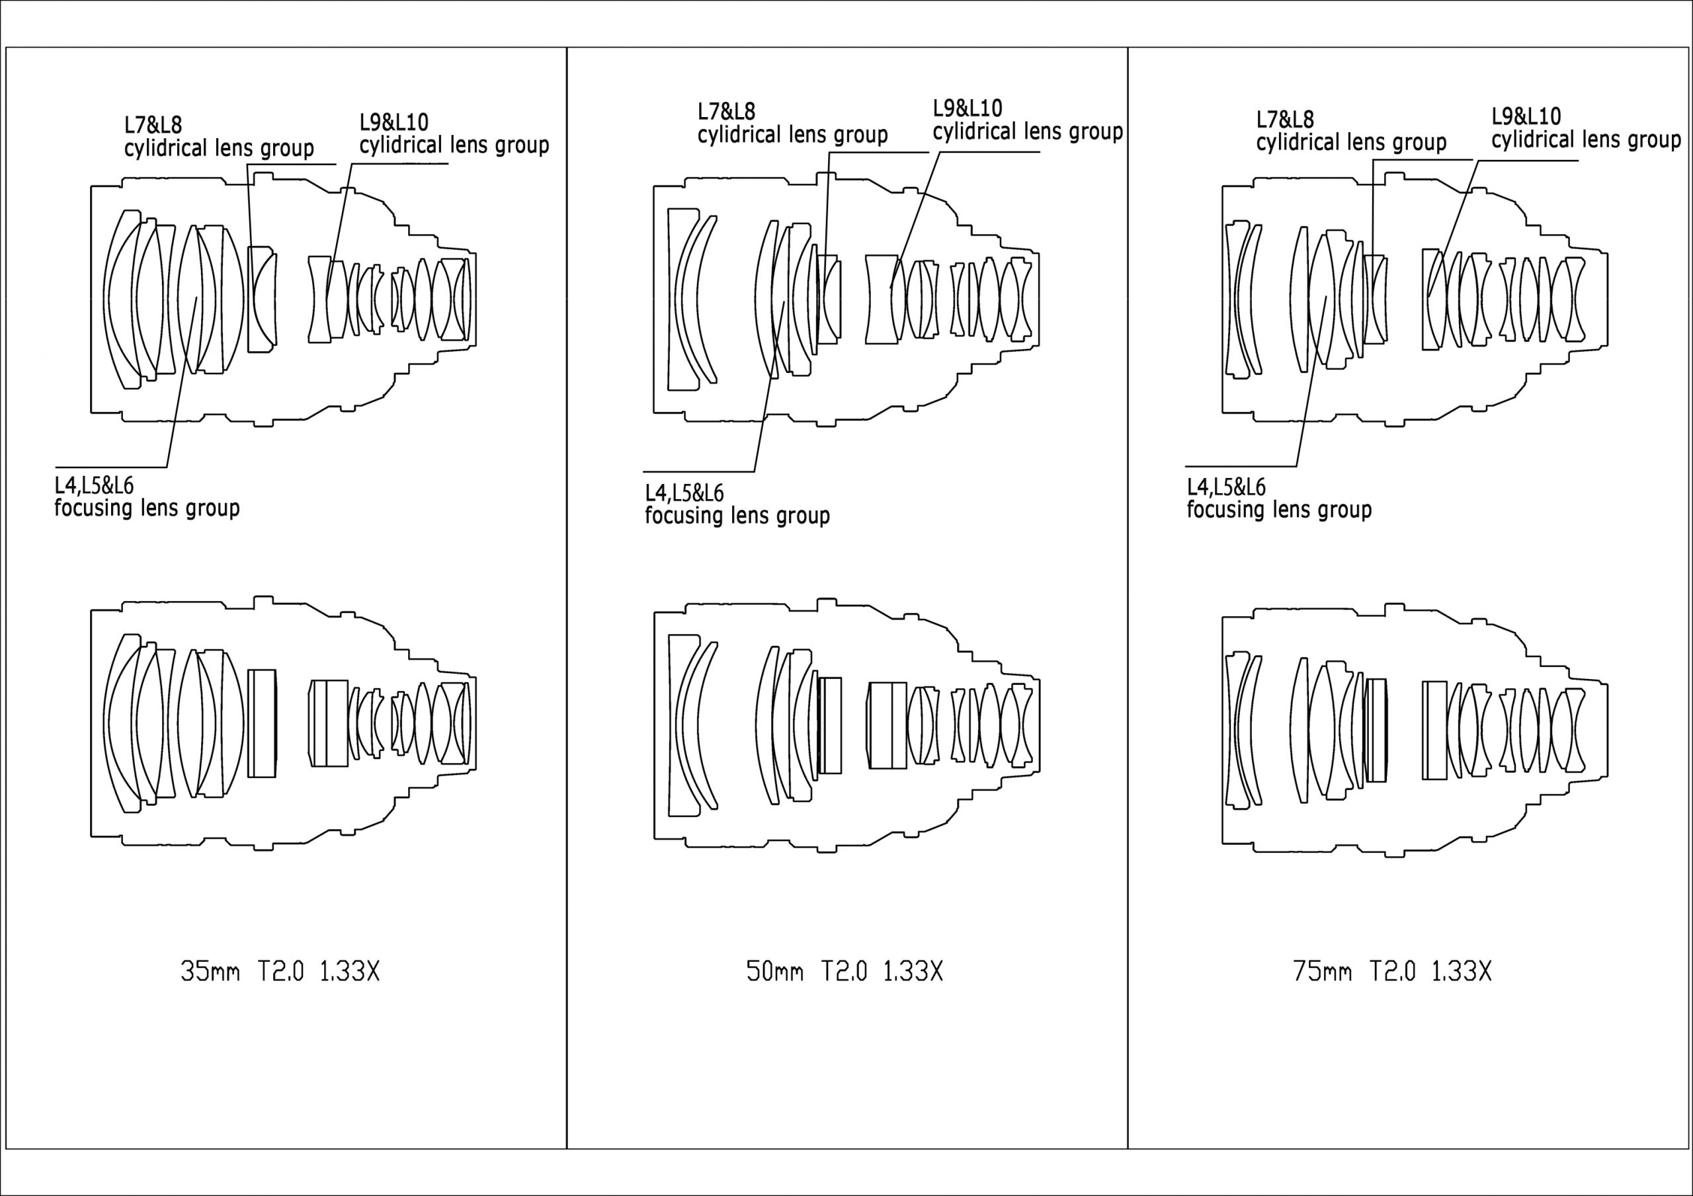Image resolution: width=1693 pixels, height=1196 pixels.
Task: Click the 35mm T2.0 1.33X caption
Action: pyautogui.click(x=280, y=971)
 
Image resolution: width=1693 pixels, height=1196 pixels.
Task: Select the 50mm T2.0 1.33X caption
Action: pyautogui.click(x=845, y=971)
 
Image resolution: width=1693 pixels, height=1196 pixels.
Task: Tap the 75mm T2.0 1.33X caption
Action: pyautogui.click(x=1392, y=971)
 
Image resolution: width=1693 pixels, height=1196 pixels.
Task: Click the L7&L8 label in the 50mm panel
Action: pyautogui.click(x=726, y=111)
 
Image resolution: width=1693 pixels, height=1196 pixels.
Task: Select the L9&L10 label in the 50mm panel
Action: pyautogui.click(x=968, y=108)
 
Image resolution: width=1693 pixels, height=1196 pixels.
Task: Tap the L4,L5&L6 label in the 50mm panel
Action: pyautogui.click(x=684, y=493)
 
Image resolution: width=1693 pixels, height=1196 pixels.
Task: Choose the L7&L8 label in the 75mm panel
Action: pyautogui.click(x=1285, y=119)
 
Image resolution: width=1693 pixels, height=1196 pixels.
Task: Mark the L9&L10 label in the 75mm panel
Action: pyautogui.click(x=1526, y=116)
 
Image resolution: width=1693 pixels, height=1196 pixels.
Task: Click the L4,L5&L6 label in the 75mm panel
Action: pyautogui.click(x=1225, y=487)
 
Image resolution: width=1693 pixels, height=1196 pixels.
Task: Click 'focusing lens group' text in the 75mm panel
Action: pyautogui.click(x=1278, y=510)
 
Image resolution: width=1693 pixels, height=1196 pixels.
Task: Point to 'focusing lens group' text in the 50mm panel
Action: pyautogui.click(x=737, y=516)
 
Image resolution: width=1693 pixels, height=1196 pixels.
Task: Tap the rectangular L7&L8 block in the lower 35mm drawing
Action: pyautogui.click(x=262, y=723)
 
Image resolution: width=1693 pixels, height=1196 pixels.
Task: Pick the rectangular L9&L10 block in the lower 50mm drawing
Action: pyautogui.click(x=887, y=725)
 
